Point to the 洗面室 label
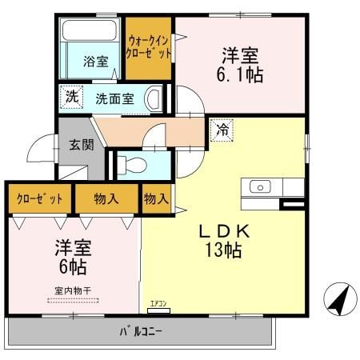[115, 99]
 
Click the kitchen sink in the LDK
[260, 186]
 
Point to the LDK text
[224, 230]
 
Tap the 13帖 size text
[224, 249]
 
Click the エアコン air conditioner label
[157, 303]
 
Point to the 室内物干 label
[72, 291]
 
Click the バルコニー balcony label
[140, 330]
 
